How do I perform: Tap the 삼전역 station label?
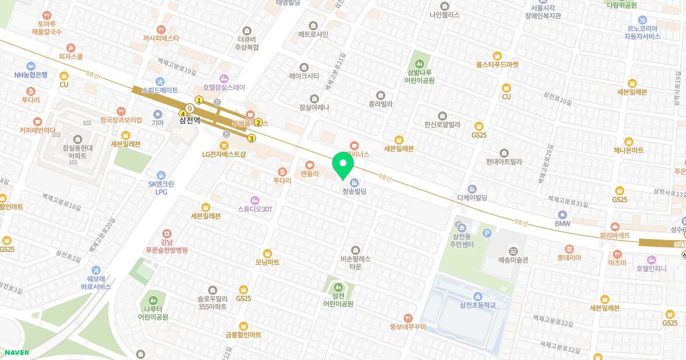click(189, 120)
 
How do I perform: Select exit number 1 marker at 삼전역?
click(199, 100)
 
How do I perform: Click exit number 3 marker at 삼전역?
click(251, 138)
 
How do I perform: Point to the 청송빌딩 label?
click(354, 192)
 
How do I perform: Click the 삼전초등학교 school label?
click(477, 305)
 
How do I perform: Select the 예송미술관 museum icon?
click(513, 251)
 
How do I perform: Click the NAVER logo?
click(15, 353)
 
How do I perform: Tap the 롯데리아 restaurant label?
click(569, 258)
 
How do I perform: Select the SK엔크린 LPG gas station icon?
click(161, 175)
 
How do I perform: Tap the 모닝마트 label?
click(267, 262)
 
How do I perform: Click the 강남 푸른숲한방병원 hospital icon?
click(166, 234)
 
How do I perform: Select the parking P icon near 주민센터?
click(487, 233)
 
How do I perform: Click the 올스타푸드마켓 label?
click(497, 65)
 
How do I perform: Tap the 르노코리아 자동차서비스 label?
click(642, 32)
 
